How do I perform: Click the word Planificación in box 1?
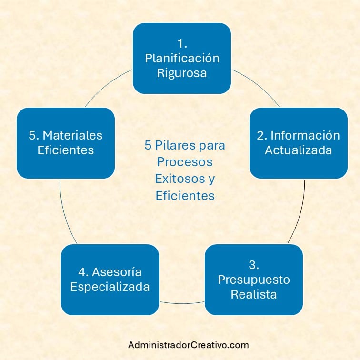182,58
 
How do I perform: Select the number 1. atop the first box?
182,43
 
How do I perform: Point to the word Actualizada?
299,150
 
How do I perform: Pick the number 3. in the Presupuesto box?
254,264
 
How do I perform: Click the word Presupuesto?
254,279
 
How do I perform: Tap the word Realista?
254,294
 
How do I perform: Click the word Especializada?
110,287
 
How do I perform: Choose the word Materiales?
72,135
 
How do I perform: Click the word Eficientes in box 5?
66,150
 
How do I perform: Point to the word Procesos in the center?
185,162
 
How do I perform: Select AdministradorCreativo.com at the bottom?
189,345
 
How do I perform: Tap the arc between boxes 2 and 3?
300,214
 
